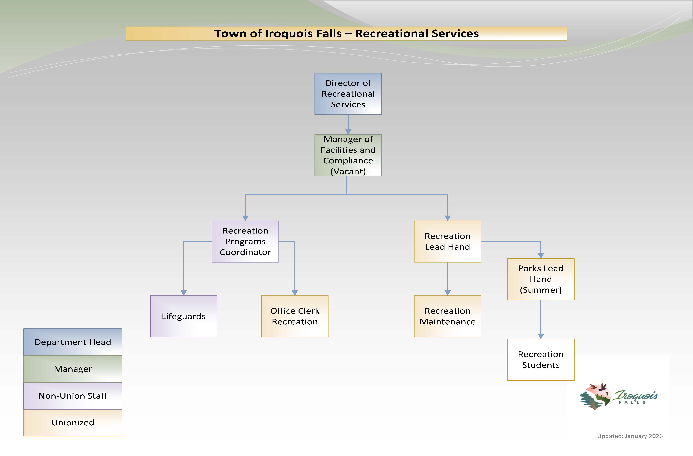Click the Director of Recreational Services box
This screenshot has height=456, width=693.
click(348, 94)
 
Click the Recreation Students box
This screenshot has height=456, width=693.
click(541, 359)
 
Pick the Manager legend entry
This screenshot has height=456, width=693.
click(73, 369)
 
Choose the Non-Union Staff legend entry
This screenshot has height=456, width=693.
click(73, 396)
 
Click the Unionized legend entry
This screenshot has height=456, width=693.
click(73, 423)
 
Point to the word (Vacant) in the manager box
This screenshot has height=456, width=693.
click(348, 171)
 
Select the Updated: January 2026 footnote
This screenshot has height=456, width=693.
click(630, 436)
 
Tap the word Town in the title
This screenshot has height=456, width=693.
click(230, 33)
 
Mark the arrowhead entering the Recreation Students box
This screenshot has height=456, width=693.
click(541, 336)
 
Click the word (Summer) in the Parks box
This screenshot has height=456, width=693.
click(541, 290)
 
